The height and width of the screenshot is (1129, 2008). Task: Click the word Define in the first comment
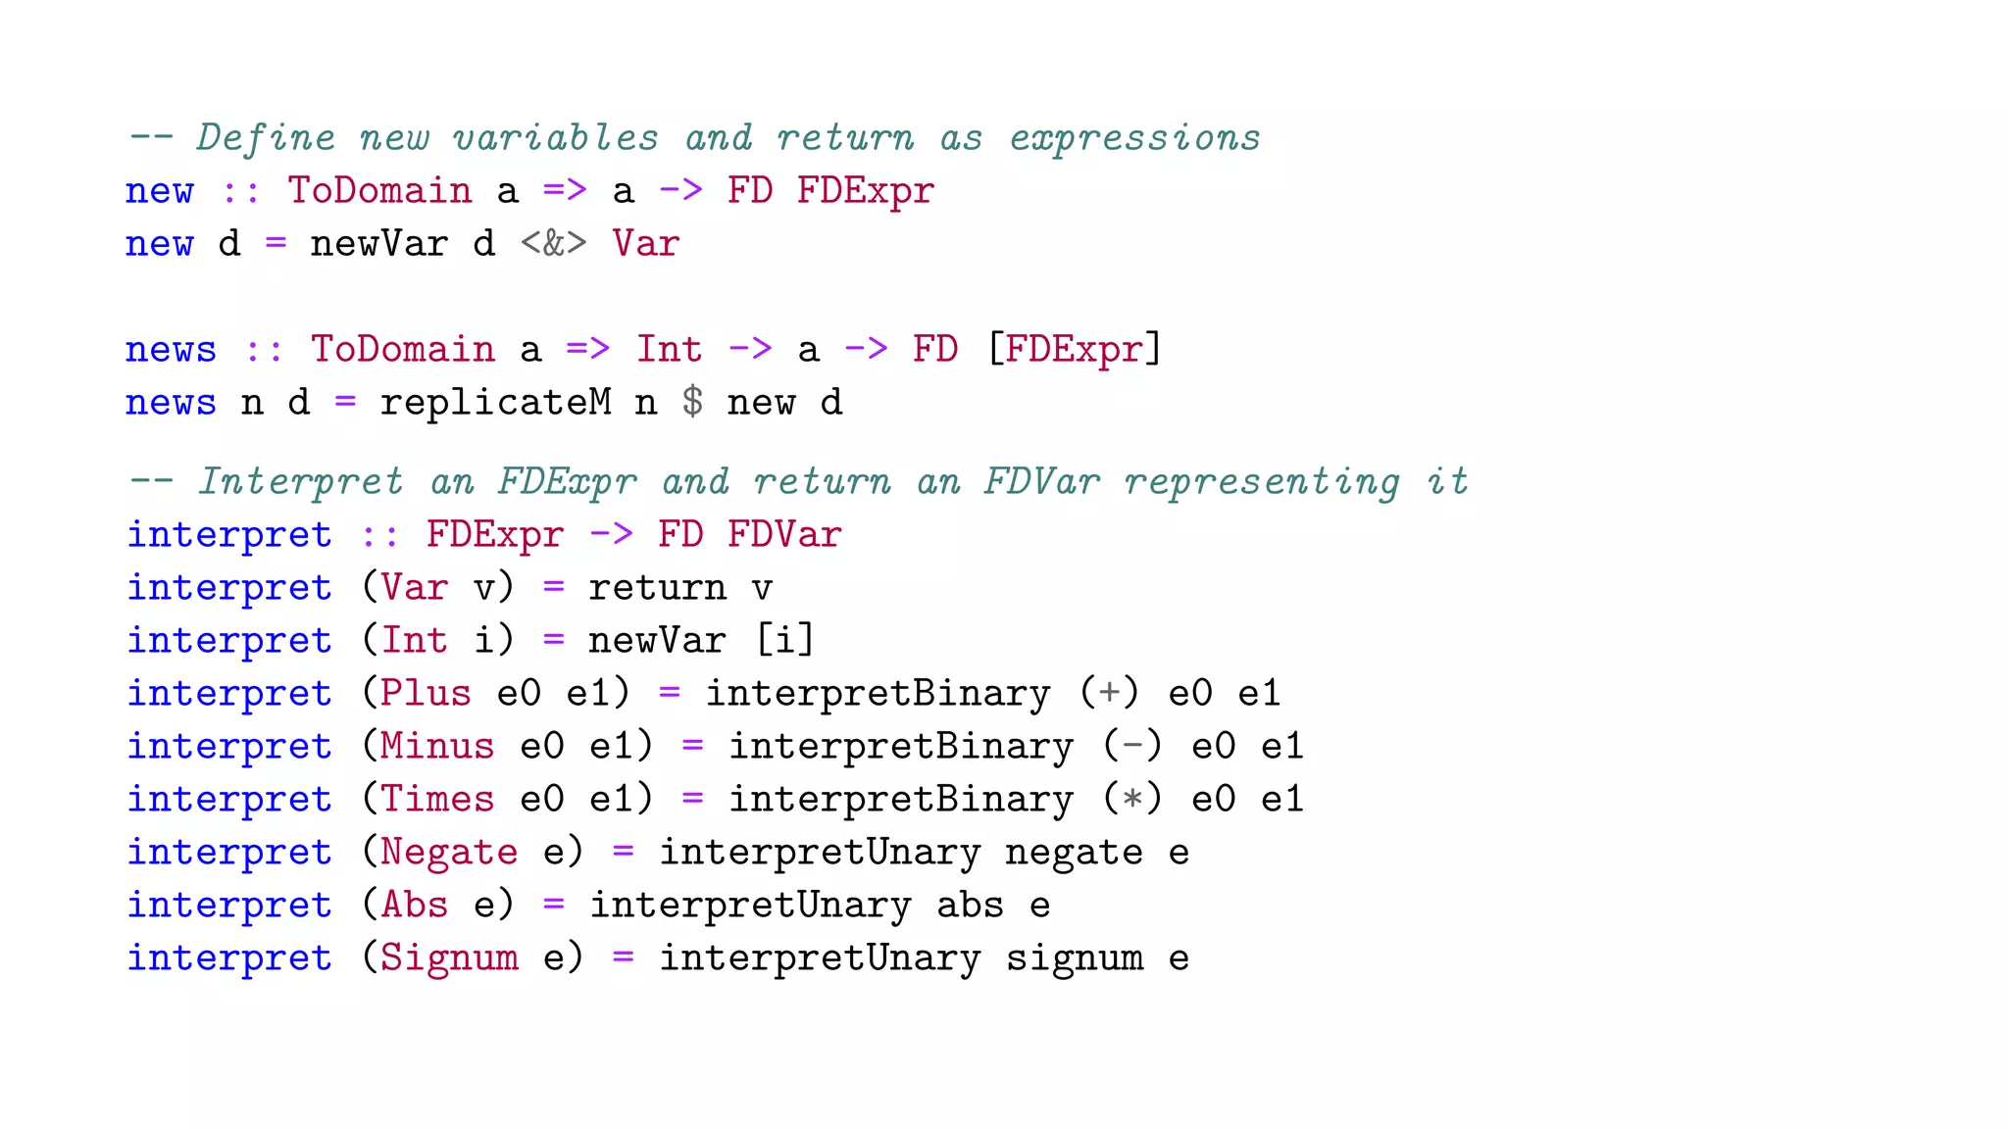(x=265, y=138)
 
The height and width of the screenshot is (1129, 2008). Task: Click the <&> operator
(x=553, y=243)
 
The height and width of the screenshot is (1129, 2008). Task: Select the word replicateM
(x=495, y=402)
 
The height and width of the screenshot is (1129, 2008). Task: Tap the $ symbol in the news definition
(x=692, y=402)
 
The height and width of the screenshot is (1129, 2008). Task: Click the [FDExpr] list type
(x=1074, y=349)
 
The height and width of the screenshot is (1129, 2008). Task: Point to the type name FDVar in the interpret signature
(x=784, y=534)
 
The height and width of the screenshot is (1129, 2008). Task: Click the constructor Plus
(x=426, y=693)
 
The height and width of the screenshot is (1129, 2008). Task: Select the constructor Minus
(x=437, y=746)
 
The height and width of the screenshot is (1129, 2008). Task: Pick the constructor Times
(x=437, y=799)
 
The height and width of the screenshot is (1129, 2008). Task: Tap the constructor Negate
(x=449, y=852)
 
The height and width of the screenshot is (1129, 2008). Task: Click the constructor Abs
(x=415, y=905)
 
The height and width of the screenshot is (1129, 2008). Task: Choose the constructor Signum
(x=449, y=957)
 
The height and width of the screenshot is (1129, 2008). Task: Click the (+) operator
(x=1109, y=693)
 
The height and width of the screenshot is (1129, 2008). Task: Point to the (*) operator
(x=1132, y=799)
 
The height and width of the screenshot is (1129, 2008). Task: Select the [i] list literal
(x=784, y=640)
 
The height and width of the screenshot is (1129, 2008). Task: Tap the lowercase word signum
(x=1075, y=957)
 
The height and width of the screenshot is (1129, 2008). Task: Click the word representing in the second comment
(x=1262, y=481)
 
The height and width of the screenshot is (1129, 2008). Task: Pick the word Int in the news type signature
(x=669, y=349)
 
